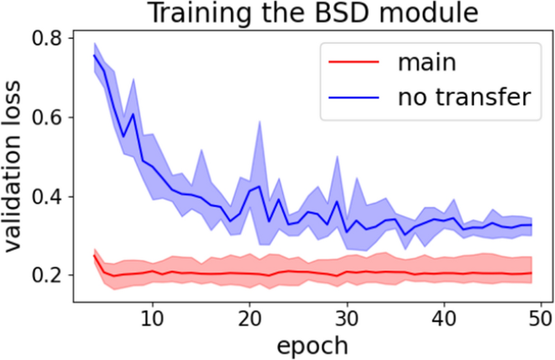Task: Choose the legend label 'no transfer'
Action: tap(463, 97)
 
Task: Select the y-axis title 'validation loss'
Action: tap(14, 173)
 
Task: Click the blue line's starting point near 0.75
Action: tap(95, 55)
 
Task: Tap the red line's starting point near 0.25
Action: tap(95, 255)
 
